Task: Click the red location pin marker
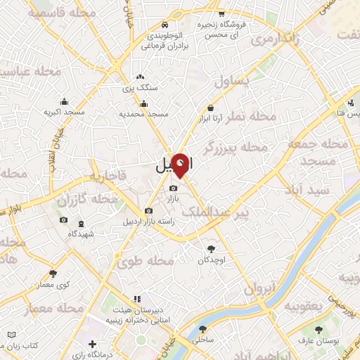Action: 181,165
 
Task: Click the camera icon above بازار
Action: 174,188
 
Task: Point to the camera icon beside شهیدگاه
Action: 64,220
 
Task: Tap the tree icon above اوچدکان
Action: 211,247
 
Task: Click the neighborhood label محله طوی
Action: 146,262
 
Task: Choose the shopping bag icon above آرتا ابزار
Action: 210,108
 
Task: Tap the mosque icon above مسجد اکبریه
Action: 65,101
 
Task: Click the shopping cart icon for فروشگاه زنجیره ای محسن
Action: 221,13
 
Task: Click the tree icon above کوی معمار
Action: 53,274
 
